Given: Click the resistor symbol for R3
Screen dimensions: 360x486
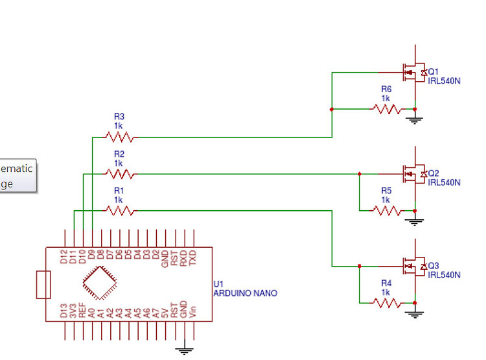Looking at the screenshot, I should pyautogui.click(x=120, y=137).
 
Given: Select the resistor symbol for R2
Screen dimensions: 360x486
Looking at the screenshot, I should pyautogui.click(x=120, y=174).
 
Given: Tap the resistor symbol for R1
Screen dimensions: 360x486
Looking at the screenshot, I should pyautogui.click(x=120, y=210).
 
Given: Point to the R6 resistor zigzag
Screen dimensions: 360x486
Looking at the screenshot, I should pyautogui.click(x=387, y=110).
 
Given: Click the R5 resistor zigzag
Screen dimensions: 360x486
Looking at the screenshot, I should pyautogui.click(x=387, y=210).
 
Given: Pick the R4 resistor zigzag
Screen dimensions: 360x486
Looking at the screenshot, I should pyautogui.click(x=387, y=302).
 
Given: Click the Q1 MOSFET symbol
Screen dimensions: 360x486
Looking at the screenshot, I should pyautogui.click(x=411, y=73).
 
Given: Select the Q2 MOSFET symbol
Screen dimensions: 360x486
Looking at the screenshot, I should pyautogui.click(x=411, y=173).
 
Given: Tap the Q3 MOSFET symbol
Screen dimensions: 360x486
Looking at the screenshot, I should pyautogui.click(x=411, y=266).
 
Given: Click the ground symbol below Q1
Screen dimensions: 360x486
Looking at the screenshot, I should pyautogui.click(x=415, y=119).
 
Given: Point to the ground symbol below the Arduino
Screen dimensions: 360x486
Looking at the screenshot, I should pyautogui.click(x=185, y=351).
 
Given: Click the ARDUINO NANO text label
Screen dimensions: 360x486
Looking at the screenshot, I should pyautogui.click(x=245, y=293).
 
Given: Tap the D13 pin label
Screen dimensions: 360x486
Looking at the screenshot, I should pyautogui.click(x=64, y=310).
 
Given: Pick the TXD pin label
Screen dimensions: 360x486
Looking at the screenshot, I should pyautogui.click(x=193, y=258).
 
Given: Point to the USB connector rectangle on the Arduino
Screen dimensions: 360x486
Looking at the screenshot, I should pyautogui.click(x=43, y=285).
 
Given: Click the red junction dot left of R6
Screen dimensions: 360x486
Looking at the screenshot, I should pyautogui.click(x=332, y=110).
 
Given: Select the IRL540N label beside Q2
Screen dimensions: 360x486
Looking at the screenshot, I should pyautogui.click(x=444, y=182).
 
